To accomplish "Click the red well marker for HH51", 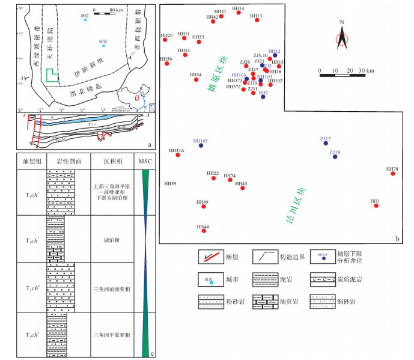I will pyautogui.click(x=222, y=16).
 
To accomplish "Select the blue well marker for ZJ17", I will pyautogui.click(x=326, y=144).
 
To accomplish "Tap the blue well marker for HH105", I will pyautogui.click(x=201, y=145).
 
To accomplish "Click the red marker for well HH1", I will pyautogui.click(x=376, y=206).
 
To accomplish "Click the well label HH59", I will pyautogui.click(x=170, y=183).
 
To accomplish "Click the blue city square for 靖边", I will pyautogui.click(x=85, y=20).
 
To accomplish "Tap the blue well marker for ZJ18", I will pyautogui.click(x=335, y=158).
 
